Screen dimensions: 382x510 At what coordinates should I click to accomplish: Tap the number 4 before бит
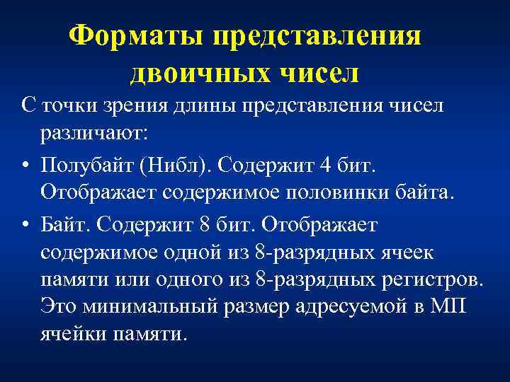325,166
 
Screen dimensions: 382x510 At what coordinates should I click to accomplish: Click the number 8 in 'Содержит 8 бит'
205,225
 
